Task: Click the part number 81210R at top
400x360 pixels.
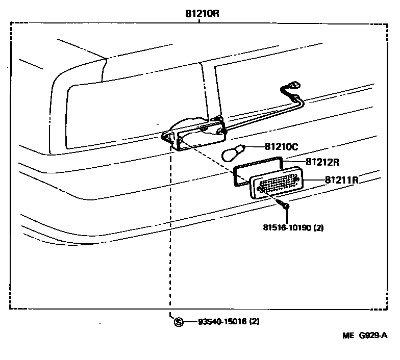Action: (202, 14)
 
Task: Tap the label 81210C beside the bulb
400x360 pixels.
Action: (281, 147)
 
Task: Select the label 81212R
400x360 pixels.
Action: (322, 162)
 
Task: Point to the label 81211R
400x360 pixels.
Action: (341, 180)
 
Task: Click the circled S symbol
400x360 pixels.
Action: (178, 322)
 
